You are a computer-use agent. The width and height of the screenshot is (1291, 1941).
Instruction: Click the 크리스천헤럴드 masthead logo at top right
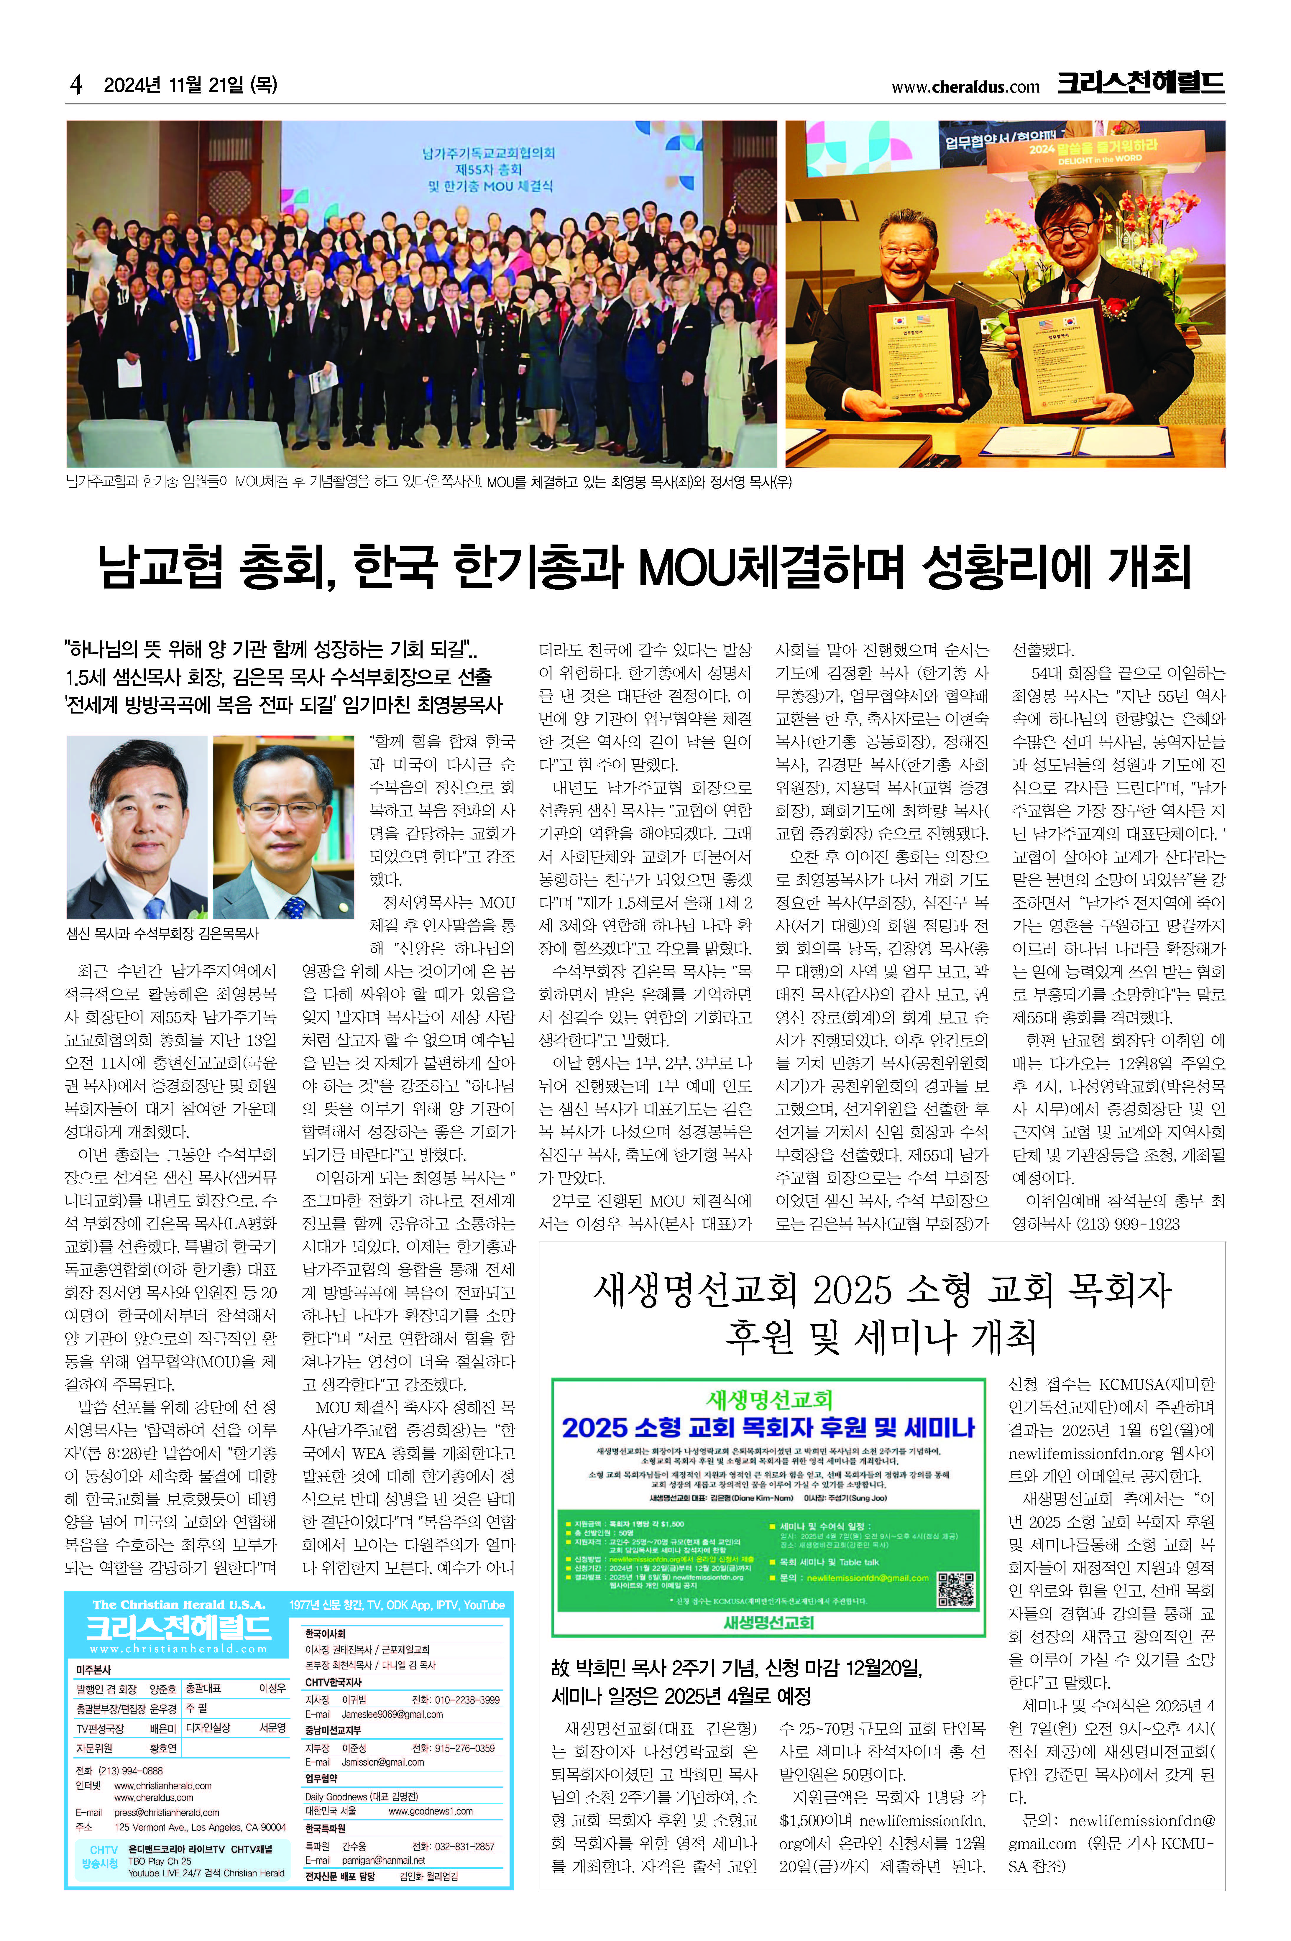click(x=1140, y=83)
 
